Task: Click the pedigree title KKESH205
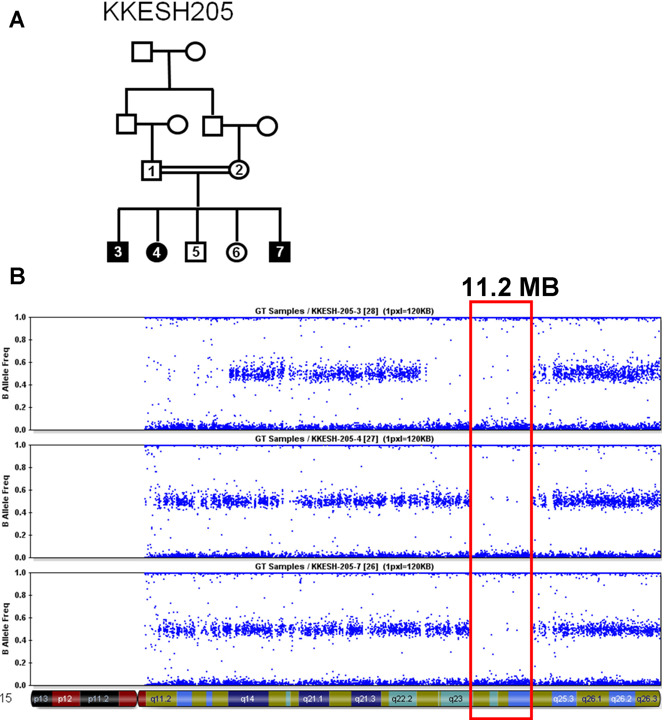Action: [x=167, y=11]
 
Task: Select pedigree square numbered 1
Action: [x=151, y=171]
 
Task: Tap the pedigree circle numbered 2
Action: [x=239, y=170]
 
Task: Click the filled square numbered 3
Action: [x=118, y=252]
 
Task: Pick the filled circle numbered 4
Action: [x=156, y=252]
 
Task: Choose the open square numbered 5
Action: [x=196, y=252]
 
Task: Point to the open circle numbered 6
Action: [x=236, y=252]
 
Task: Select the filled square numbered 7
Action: [x=279, y=252]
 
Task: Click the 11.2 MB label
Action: [x=510, y=287]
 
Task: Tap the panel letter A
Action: [x=17, y=20]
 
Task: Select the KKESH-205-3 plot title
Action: [x=344, y=311]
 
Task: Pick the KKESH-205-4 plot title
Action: [x=344, y=439]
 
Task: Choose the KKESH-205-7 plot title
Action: [x=344, y=566]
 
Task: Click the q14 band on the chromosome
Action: [x=247, y=698]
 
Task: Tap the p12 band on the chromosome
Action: [x=65, y=698]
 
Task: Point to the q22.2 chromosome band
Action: [x=402, y=698]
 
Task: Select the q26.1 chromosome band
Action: [x=591, y=698]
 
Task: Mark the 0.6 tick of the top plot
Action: [x=21, y=362]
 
